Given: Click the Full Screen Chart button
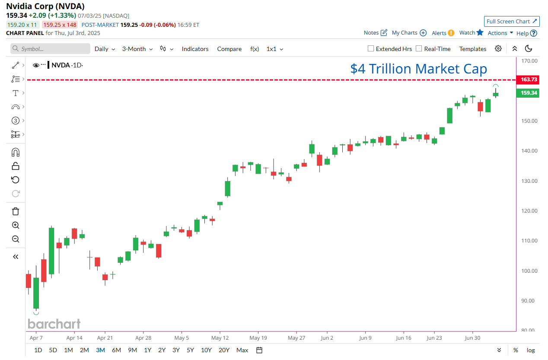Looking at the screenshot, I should (512, 22).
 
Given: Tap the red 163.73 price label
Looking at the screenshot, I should (527, 80).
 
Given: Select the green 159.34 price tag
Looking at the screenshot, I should (527, 93).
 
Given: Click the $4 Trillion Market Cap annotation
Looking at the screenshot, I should (418, 69).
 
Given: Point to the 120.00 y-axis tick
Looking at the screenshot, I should (529, 211).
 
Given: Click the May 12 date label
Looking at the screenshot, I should (220, 338).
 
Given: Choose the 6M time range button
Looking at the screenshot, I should (116, 350).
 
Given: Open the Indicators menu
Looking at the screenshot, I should (195, 49).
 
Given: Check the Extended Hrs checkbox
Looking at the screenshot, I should (371, 49).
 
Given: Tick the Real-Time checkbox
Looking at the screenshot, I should (419, 49).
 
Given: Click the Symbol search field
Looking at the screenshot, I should (50, 49).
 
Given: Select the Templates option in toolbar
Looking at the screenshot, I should (473, 49).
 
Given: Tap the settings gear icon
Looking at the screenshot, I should (498, 48).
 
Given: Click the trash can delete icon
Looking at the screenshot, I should (16, 211).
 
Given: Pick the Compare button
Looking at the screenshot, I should (229, 49).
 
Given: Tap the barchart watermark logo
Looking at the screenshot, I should (54, 324).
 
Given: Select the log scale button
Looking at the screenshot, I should (531, 350).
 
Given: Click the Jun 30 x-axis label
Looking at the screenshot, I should (472, 338).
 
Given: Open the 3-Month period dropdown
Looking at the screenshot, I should (137, 49).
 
